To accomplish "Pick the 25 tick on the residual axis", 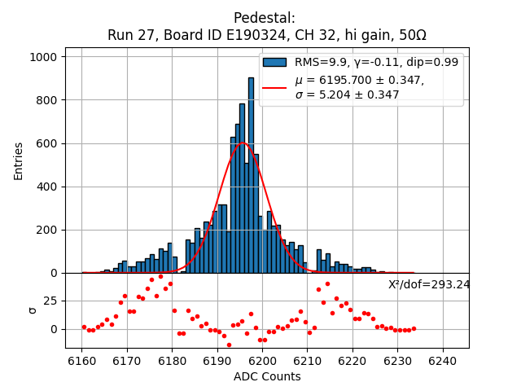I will pos(50,301).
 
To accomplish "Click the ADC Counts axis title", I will pos(267,376).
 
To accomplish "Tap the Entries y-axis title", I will pos(19,160).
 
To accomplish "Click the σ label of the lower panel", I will pos(33,310).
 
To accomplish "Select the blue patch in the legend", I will pos(274,63).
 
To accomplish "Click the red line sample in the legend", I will pos(274,87).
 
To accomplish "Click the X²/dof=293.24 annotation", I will pos(429,284).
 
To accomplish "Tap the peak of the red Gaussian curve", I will pos(243,143).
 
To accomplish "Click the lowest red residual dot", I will pos(229,345).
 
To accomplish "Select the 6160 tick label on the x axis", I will pos(81,361).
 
